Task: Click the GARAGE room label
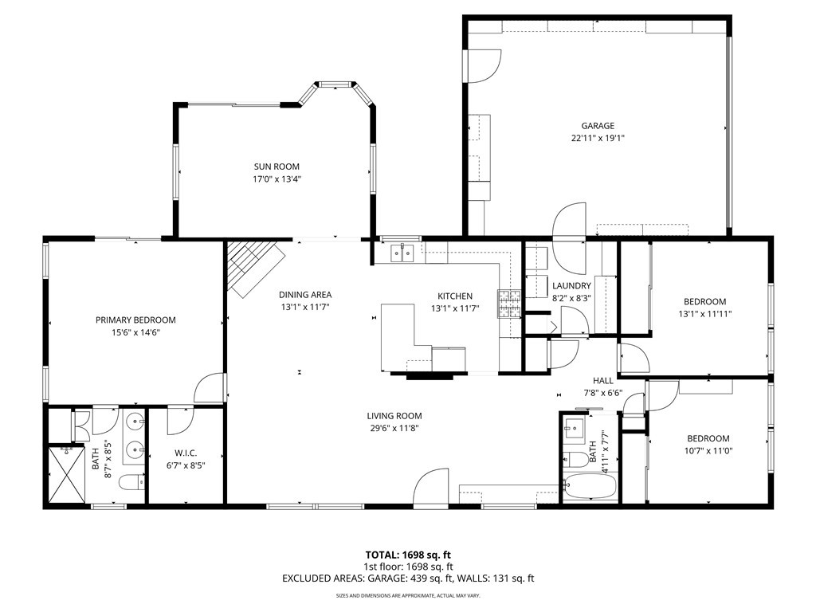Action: click(x=597, y=125)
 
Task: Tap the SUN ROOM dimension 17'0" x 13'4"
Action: click(x=277, y=179)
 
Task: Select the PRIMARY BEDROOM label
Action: click(x=135, y=320)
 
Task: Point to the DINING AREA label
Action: click(x=304, y=294)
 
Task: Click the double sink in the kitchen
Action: click(x=402, y=253)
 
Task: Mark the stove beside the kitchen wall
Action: click(x=509, y=303)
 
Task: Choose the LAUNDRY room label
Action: click(x=571, y=285)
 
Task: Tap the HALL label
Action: click(x=602, y=381)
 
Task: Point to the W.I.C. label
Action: click(x=185, y=453)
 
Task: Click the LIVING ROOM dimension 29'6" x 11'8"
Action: click(x=394, y=428)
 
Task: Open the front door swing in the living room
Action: click(x=433, y=485)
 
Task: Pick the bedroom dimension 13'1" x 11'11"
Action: click(x=704, y=314)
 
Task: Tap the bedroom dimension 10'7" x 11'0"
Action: click(x=708, y=451)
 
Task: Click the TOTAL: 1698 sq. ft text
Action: click(x=407, y=554)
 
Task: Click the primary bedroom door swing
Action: click(x=209, y=389)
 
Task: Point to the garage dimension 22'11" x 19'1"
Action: click(x=597, y=138)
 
